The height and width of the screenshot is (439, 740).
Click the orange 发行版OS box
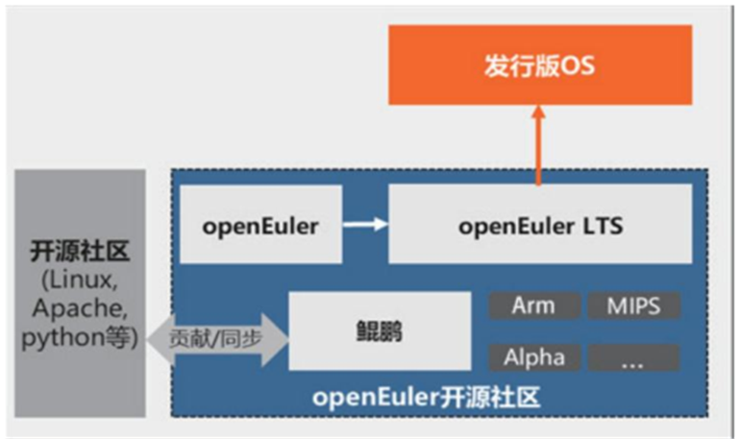(539, 65)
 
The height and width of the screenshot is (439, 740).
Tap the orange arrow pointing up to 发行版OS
(538, 144)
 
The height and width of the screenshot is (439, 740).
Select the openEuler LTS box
(539, 226)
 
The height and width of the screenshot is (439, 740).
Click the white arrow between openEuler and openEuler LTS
(366, 226)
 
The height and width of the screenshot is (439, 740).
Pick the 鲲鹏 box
(377, 332)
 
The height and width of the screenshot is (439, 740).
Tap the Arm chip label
(534, 306)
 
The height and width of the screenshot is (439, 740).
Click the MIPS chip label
(633, 306)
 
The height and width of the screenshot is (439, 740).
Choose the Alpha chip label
(534, 358)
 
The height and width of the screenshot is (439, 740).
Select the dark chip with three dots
(633, 358)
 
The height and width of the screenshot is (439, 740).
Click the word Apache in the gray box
(81, 310)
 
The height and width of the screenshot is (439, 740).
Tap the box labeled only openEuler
(259, 226)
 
